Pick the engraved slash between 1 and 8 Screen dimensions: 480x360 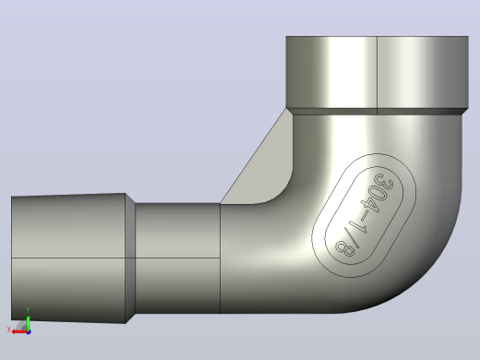click(x=352, y=238)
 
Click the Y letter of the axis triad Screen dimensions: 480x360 click(x=28, y=309)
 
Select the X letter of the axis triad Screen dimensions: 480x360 click(x=8, y=330)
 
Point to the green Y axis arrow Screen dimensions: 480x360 click(x=28, y=322)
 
